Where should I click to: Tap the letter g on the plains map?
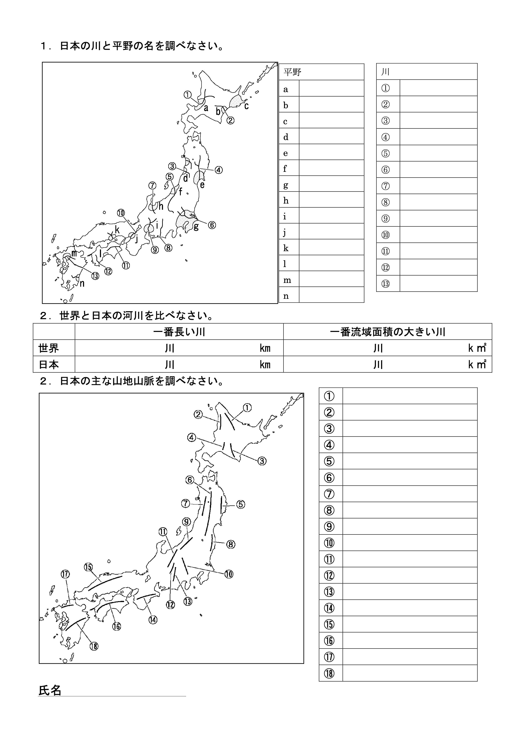click(196, 227)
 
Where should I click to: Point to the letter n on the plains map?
click(82, 284)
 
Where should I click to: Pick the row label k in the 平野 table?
click(286, 248)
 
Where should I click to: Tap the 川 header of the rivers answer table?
click(385, 72)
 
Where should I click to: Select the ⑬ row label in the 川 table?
click(386, 284)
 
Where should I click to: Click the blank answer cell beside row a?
click(331, 88)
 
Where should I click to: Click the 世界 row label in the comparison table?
click(49, 348)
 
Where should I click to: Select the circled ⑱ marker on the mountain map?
click(94, 646)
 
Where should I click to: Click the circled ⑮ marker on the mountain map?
click(88, 567)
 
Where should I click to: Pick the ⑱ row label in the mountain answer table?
click(329, 674)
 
